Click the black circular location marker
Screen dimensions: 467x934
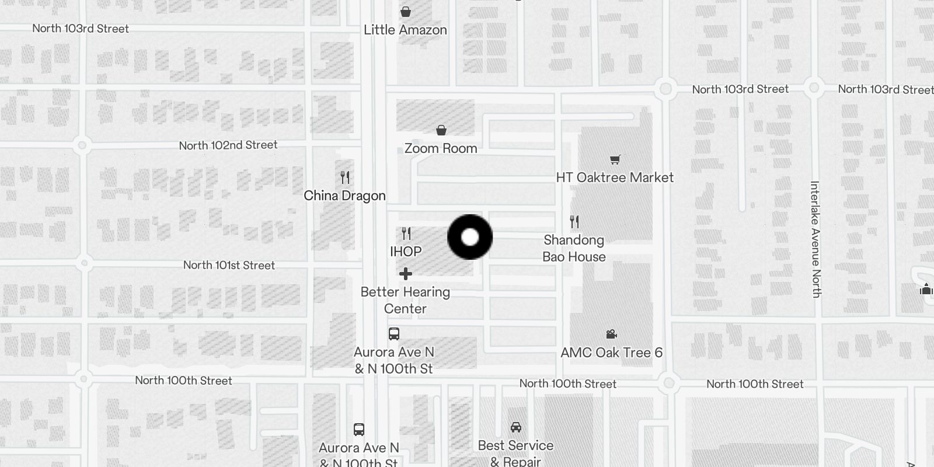pos(470,237)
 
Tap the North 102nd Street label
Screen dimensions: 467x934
pos(228,145)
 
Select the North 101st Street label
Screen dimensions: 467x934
pos(229,265)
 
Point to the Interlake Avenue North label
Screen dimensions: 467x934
pos(815,239)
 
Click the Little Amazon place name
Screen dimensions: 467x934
pos(405,30)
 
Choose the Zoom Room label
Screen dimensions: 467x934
pos(441,148)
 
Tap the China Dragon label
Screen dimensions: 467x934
pos(344,196)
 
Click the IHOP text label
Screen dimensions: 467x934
pos(406,252)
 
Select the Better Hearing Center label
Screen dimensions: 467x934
pos(405,300)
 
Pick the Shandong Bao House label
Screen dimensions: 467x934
pos(574,248)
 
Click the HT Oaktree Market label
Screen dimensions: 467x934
pos(615,177)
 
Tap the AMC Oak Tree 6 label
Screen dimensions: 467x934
pos(611,353)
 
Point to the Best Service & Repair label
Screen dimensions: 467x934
pos(515,453)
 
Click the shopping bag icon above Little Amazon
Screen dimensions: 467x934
pos(406,11)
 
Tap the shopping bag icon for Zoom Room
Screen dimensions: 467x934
pos(441,130)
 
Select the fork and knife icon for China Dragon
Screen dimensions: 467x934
pos(345,177)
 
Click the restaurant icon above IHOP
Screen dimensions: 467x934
pos(406,233)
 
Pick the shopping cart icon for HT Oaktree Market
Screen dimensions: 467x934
pos(615,159)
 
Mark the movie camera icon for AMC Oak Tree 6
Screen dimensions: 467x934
pos(611,334)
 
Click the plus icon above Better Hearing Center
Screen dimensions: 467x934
pos(406,274)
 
